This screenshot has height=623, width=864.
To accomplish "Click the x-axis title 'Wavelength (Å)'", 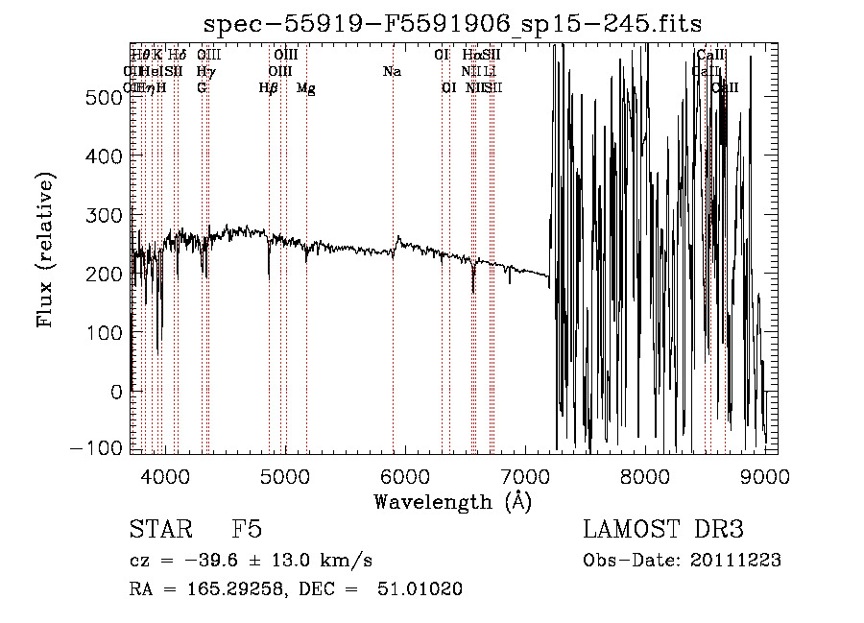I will (452, 500).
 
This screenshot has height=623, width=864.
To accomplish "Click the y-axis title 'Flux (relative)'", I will (45, 249).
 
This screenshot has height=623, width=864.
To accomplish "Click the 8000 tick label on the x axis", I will (644, 475).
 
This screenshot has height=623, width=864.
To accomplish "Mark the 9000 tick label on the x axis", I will (764, 475).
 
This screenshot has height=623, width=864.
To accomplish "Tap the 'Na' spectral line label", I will (392, 72).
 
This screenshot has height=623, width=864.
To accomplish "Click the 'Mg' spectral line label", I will (306, 88).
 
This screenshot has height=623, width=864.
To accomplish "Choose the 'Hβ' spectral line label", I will (269, 88).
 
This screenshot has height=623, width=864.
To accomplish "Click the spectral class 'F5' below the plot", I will (247, 531).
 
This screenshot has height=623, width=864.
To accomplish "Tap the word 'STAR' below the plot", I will (159, 531).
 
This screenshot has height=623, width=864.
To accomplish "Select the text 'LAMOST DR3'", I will (663, 531).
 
